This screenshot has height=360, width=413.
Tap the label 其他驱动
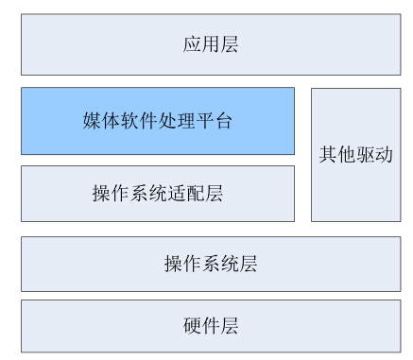tap(355, 154)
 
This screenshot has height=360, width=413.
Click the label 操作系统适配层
tap(157, 194)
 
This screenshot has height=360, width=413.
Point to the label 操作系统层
tap(210, 264)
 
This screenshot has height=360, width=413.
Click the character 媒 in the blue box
tap(92, 121)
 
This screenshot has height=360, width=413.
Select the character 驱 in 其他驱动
tap(365, 154)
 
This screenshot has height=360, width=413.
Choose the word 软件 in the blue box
tap(139, 121)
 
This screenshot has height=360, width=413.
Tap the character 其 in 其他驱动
tap(327, 154)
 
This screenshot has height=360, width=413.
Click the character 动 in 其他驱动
tap(384, 154)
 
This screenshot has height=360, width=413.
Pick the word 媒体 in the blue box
tap(101, 121)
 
